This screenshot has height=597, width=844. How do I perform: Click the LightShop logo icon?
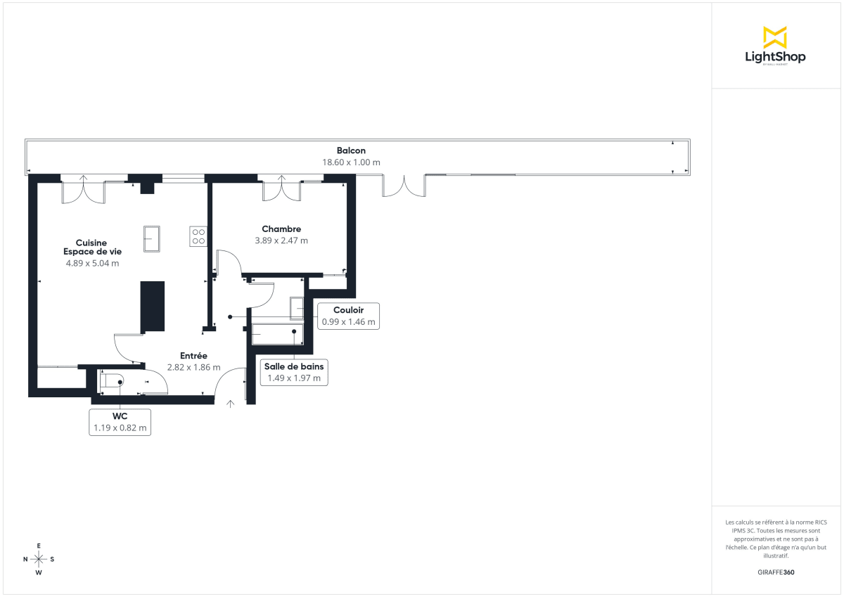pyautogui.click(x=774, y=37)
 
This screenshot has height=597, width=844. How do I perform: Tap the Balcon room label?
pyautogui.click(x=351, y=150)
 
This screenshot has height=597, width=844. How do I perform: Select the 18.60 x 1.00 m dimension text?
pyautogui.click(x=351, y=162)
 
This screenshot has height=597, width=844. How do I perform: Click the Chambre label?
pyautogui.click(x=281, y=229)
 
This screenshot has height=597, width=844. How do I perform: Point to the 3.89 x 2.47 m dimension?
pyautogui.click(x=281, y=240)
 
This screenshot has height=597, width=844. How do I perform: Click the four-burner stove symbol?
pyautogui.click(x=198, y=236)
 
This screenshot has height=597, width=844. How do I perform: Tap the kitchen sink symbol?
pyautogui.click(x=151, y=238)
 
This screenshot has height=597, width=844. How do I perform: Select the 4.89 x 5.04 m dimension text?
pyautogui.click(x=91, y=264)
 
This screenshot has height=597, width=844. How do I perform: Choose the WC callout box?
pyautogui.click(x=120, y=422)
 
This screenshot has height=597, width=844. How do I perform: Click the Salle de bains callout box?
pyautogui.click(x=294, y=372)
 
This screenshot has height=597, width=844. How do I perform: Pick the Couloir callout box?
pyautogui.click(x=349, y=316)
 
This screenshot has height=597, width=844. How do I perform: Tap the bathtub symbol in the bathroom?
pyautogui.click(x=276, y=334)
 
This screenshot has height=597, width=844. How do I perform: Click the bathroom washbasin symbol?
pyautogui.click(x=296, y=308)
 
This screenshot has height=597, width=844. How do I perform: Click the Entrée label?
pyautogui.click(x=193, y=356)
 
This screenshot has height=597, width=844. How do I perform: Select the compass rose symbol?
pyautogui.click(x=39, y=559)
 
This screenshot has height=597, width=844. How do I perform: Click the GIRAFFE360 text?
pyautogui.click(x=776, y=572)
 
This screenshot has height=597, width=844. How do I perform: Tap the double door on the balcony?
pyautogui.click(x=404, y=186)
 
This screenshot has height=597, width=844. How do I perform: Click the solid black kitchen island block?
pyautogui.click(x=153, y=307)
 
